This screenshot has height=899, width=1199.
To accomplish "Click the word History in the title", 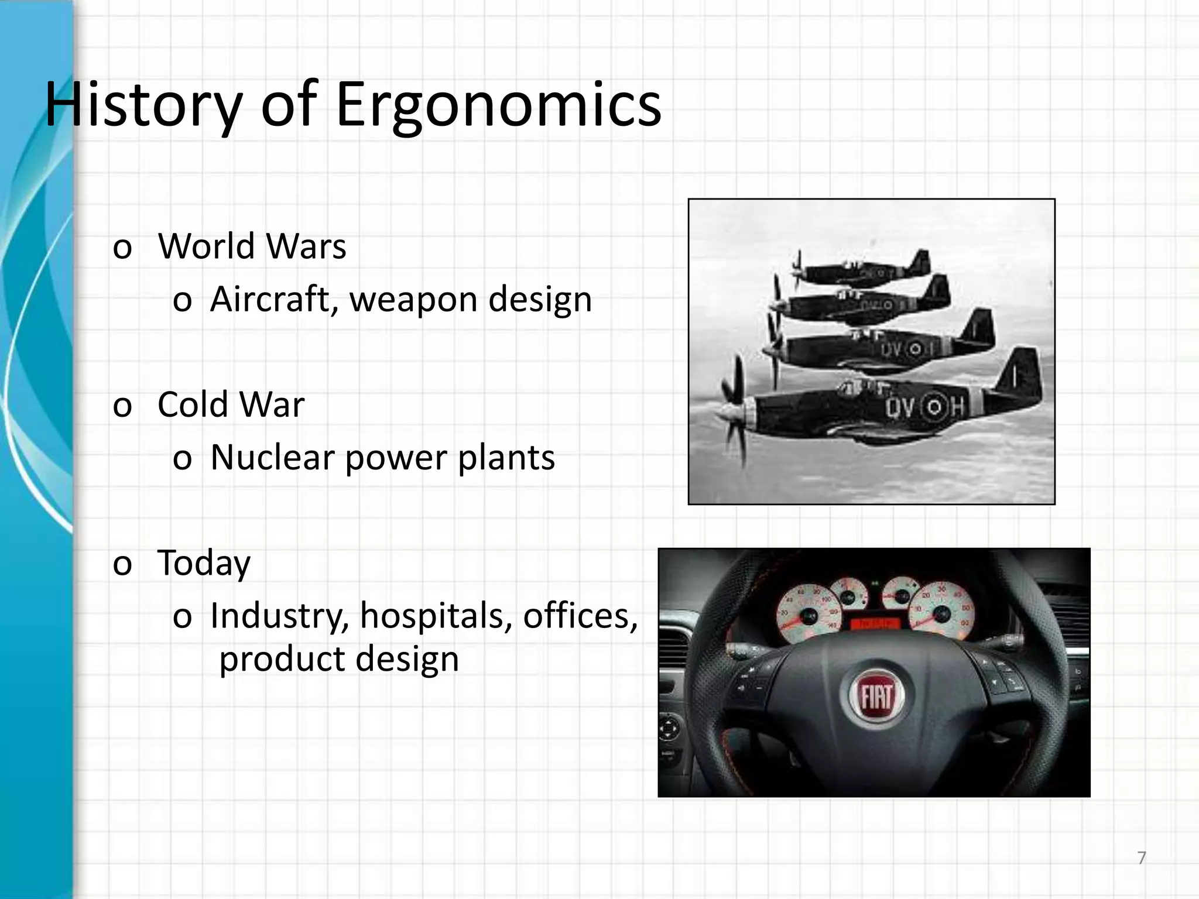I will pyautogui.click(x=143, y=105).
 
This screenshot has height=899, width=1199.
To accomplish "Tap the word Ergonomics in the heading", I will pyautogui.click(x=498, y=105).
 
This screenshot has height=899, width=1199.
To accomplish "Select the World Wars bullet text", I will pyautogui.click(x=252, y=246).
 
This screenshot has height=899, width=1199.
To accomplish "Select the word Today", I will pyautogui.click(x=204, y=563).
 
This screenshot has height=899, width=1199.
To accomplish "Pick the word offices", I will pyautogui.click(x=580, y=616).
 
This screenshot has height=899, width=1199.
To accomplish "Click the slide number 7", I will pyautogui.click(x=1141, y=858).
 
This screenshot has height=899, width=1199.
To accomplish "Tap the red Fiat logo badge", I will pyautogui.click(x=876, y=696).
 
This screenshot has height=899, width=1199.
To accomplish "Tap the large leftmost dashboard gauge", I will pyautogui.click(x=809, y=616).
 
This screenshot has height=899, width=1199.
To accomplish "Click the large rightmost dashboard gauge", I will pyautogui.click(x=941, y=613).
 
